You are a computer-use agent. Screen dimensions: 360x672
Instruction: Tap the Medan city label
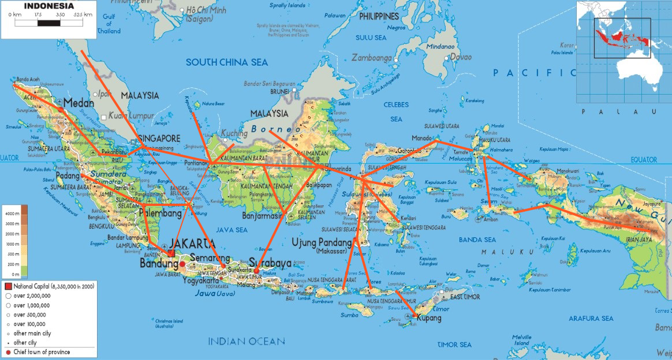(x=79, y=103)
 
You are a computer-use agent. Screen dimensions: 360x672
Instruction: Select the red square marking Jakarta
(x=170, y=253)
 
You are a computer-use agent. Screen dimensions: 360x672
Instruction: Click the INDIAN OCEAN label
(x=247, y=341)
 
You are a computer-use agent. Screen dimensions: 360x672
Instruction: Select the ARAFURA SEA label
(x=591, y=318)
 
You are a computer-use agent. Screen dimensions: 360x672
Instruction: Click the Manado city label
(x=423, y=138)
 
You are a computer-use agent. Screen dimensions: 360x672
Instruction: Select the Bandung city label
(x=159, y=264)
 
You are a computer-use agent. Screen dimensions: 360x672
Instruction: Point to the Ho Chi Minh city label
(x=206, y=10)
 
